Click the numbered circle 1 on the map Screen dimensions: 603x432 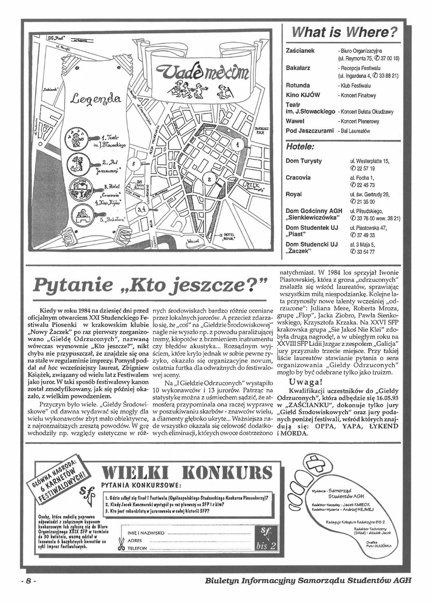[235, 144]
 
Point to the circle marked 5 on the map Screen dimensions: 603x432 [133, 164]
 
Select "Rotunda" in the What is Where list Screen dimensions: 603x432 [298, 86]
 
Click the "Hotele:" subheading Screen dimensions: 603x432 [300, 147]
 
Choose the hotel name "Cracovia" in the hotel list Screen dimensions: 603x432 [298, 178]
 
